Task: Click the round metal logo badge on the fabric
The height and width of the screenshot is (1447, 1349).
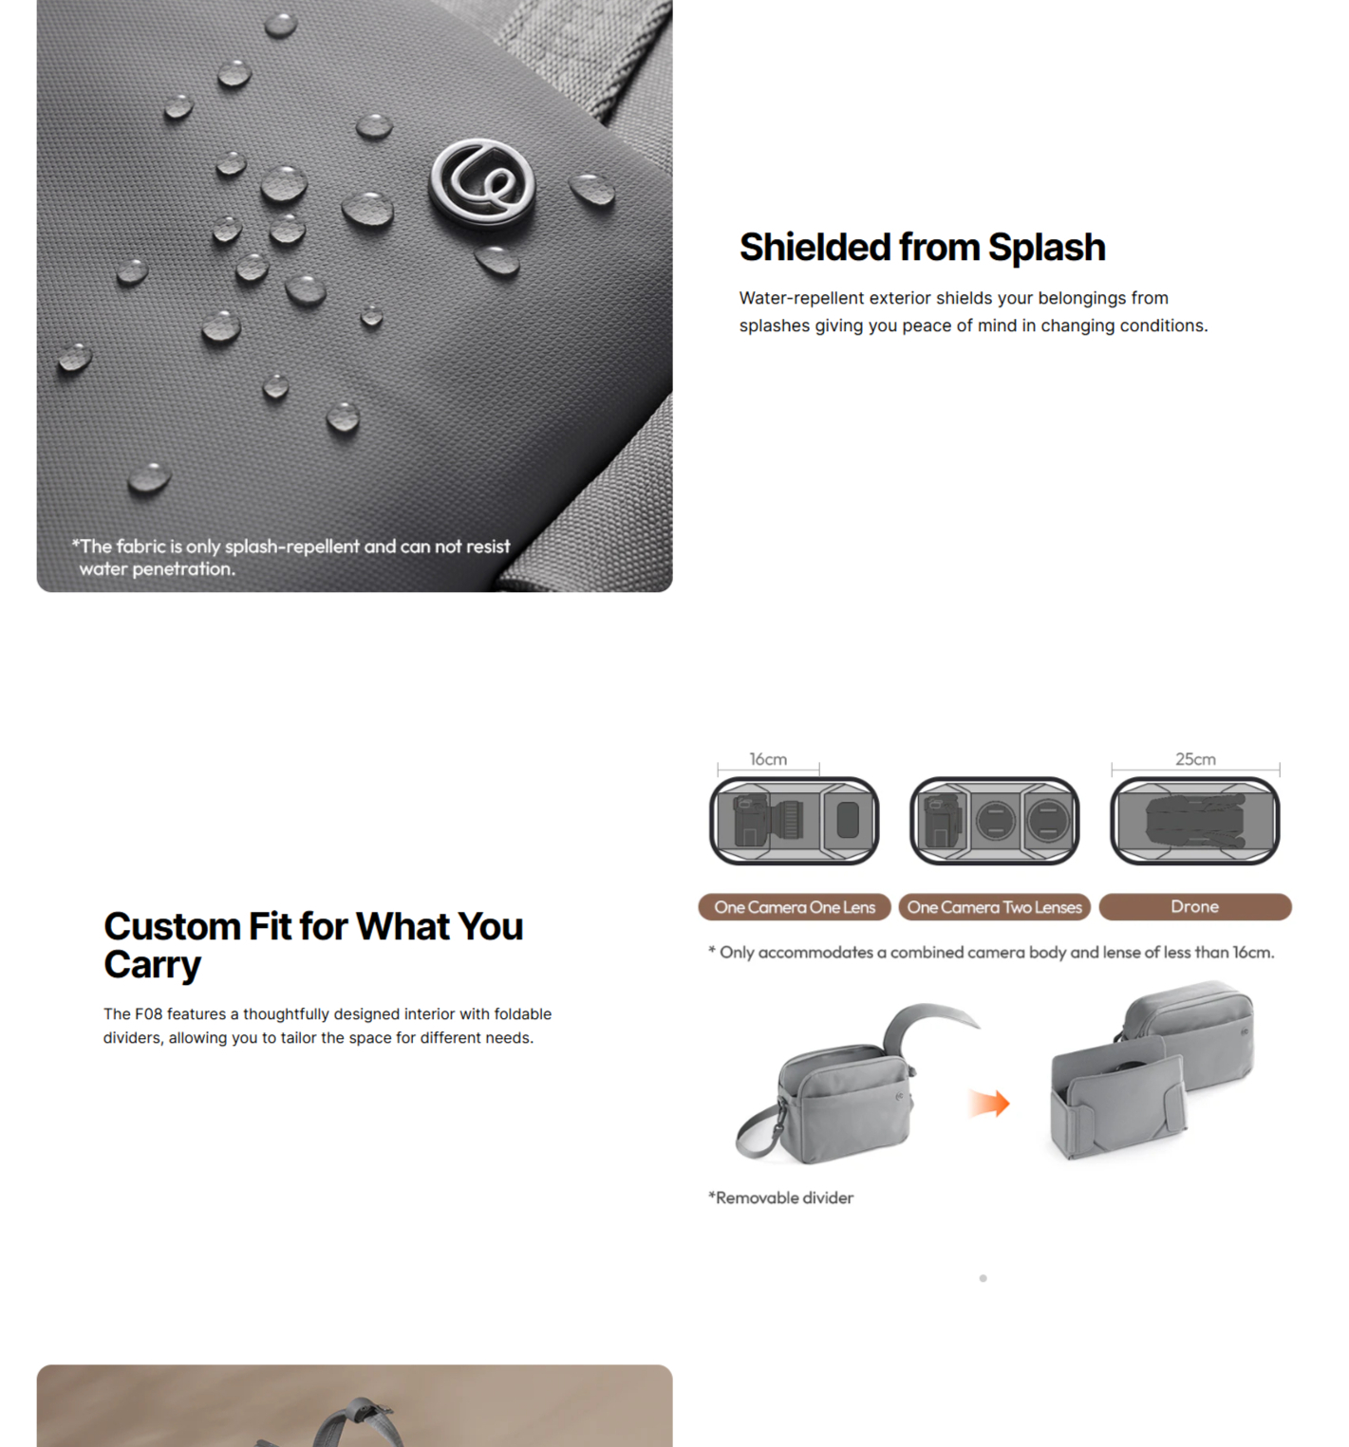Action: (x=482, y=183)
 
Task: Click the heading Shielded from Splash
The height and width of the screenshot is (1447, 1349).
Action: (x=922, y=248)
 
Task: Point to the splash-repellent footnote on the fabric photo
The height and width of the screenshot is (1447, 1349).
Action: (x=290, y=558)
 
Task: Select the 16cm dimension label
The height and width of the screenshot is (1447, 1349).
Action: (x=768, y=759)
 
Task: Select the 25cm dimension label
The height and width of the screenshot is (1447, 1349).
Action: (x=1195, y=759)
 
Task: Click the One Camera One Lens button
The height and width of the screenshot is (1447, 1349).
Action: (x=795, y=907)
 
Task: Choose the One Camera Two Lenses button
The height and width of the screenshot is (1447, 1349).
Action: (x=994, y=907)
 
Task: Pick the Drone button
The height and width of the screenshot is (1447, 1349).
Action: (x=1195, y=907)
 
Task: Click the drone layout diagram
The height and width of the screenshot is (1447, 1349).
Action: (x=1195, y=821)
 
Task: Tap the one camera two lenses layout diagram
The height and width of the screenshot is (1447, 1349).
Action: (x=994, y=821)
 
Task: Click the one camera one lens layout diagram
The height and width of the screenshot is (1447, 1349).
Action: (x=795, y=821)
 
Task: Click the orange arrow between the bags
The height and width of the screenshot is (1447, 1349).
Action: (x=989, y=1103)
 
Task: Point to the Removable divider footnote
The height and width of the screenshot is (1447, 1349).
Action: (x=780, y=1197)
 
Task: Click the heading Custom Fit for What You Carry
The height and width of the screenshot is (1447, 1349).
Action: (x=313, y=945)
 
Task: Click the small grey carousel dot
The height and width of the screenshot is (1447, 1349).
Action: (x=983, y=1278)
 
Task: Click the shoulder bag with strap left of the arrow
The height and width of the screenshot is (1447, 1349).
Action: (x=845, y=1085)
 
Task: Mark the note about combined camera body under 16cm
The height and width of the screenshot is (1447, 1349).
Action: (x=991, y=953)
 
